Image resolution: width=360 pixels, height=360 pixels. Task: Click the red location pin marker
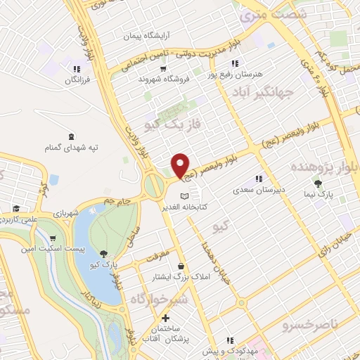click(x=181, y=165)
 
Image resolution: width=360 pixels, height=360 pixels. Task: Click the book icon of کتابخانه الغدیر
click(x=184, y=195)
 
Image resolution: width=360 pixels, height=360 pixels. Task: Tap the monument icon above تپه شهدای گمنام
click(x=71, y=136)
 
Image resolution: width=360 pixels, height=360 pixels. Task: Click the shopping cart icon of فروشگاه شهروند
click(x=163, y=69)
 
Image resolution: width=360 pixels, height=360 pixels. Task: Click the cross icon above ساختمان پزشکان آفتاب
click(x=165, y=319)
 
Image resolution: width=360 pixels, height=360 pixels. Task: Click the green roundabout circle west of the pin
click(x=154, y=185)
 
